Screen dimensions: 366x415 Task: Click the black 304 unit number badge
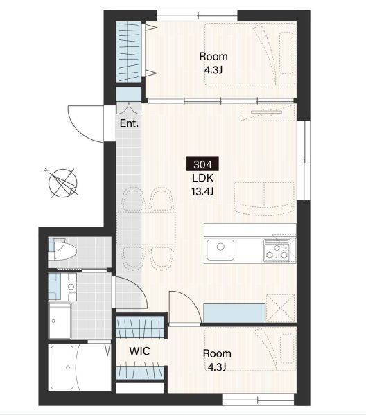[x=202, y=164]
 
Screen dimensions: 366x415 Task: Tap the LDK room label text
[x=203, y=178]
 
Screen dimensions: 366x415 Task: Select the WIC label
[x=139, y=351]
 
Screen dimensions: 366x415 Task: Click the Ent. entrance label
[x=129, y=123]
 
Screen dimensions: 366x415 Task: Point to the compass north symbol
[x=62, y=183]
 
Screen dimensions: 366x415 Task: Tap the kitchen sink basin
[x=220, y=250]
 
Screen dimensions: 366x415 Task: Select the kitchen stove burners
[x=277, y=251]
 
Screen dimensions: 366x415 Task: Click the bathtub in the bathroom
[x=62, y=368]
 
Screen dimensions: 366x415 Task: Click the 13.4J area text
[x=202, y=191]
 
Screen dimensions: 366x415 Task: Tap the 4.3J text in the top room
[x=214, y=70]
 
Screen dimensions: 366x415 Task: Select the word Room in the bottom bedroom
[x=217, y=353]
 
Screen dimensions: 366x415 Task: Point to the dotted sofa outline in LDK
[x=265, y=199]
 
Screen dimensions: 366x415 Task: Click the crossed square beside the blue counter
[x=281, y=308]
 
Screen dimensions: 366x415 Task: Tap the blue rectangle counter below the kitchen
[x=234, y=313]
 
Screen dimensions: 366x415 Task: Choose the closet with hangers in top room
[x=128, y=52]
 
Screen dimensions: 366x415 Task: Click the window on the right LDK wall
[x=304, y=161]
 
